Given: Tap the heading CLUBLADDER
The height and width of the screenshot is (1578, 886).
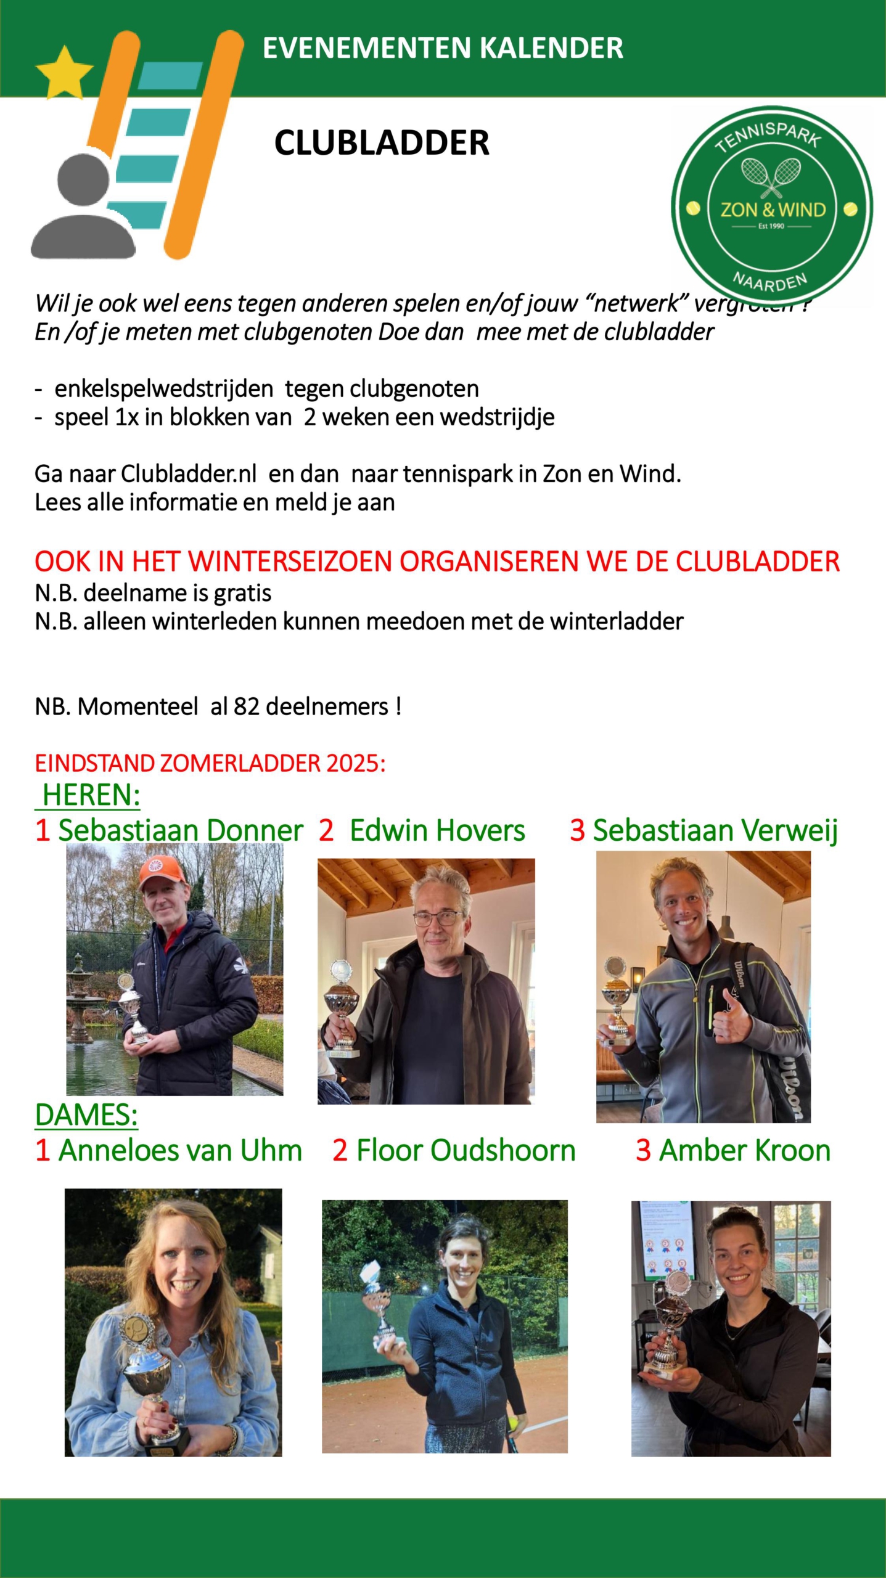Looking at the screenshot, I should [x=382, y=143].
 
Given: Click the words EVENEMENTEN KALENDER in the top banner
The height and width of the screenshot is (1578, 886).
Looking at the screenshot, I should [x=443, y=48].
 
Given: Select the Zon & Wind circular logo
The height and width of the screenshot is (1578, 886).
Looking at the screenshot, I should [x=772, y=207].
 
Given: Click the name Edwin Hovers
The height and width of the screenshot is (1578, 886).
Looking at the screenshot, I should [x=437, y=830].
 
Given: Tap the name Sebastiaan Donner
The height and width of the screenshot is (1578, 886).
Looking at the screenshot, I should [x=180, y=830].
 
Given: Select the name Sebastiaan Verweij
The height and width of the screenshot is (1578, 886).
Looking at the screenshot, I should [x=715, y=830].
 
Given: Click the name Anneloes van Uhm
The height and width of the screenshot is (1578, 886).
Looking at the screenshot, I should [x=180, y=1150].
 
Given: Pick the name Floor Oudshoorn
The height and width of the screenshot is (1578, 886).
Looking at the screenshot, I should [x=466, y=1150].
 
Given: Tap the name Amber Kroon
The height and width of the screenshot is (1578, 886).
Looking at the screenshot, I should [x=745, y=1150].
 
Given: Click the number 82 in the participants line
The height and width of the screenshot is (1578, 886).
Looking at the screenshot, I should [x=247, y=706].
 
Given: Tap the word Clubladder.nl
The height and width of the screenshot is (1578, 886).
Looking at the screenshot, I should [x=189, y=474].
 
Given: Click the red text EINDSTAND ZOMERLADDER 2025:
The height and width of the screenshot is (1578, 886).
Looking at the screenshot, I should [x=210, y=763].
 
